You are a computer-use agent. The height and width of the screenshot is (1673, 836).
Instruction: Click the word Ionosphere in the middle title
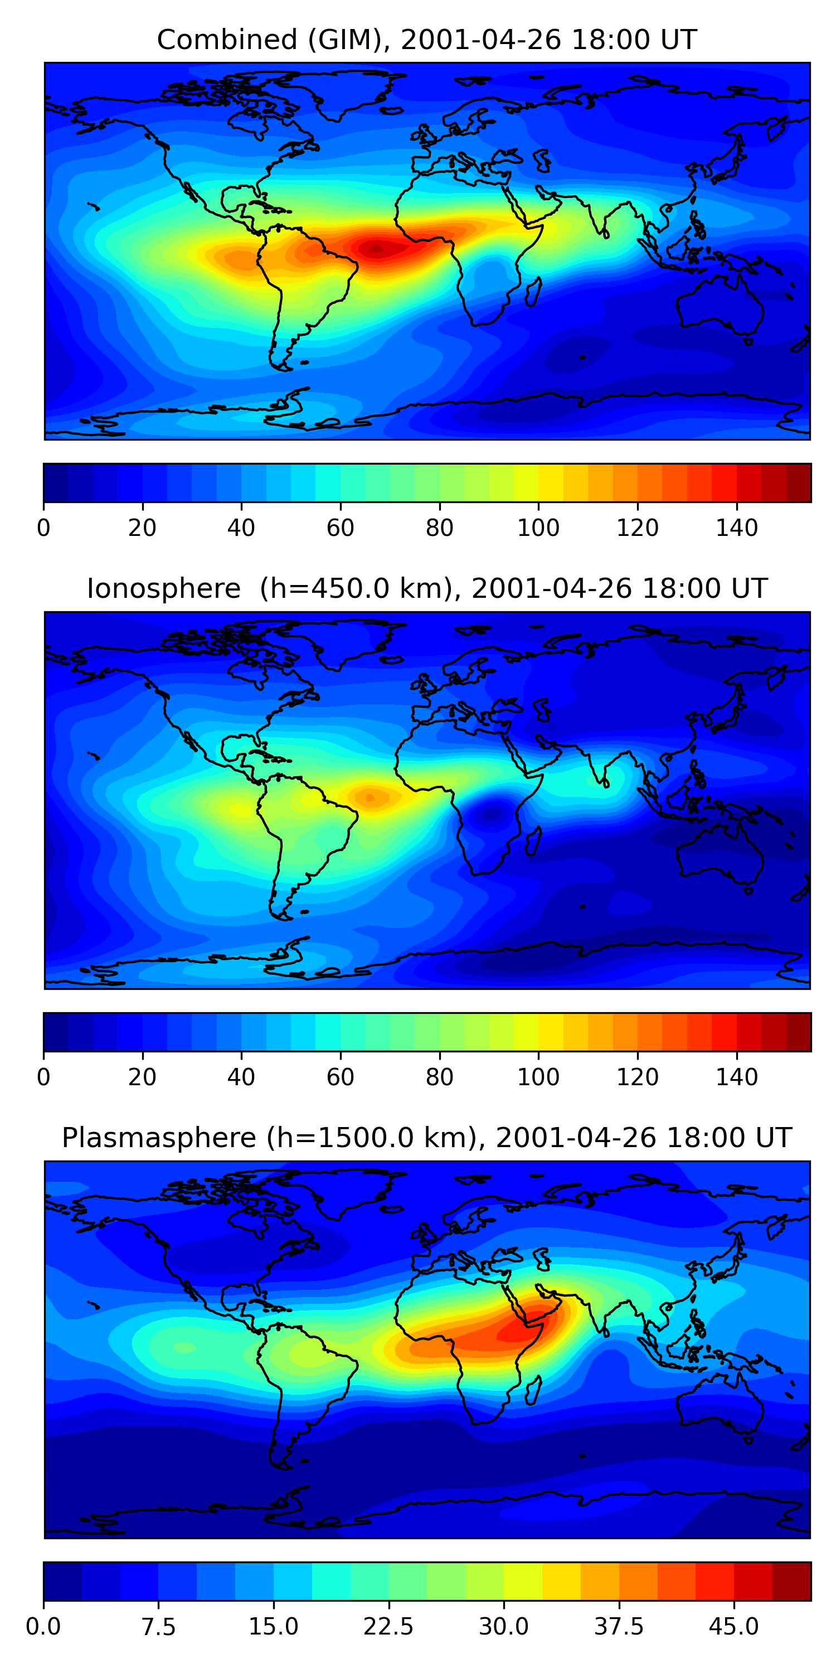tap(163, 588)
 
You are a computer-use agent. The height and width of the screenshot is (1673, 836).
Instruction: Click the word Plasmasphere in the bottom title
tap(159, 1137)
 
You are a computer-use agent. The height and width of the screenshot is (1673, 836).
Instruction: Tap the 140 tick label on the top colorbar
tap(737, 528)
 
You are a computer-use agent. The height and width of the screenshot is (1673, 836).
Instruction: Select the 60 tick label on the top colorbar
tap(340, 528)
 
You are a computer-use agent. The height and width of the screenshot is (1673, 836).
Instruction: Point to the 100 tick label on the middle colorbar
tap(538, 1076)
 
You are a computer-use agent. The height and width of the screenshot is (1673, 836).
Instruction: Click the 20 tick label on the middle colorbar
tap(142, 1076)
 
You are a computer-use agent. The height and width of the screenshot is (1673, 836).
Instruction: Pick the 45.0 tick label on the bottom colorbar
tap(733, 1626)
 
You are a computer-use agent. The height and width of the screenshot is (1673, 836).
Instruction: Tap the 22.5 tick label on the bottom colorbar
tap(388, 1626)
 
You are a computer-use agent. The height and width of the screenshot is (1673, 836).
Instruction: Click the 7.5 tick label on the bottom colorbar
tap(158, 1626)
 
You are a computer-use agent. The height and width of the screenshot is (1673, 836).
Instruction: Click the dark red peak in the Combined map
tap(375, 248)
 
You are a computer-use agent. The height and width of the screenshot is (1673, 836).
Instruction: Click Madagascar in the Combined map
tap(533, 292)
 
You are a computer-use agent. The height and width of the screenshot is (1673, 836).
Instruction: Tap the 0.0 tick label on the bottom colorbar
tap(43, 1626)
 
